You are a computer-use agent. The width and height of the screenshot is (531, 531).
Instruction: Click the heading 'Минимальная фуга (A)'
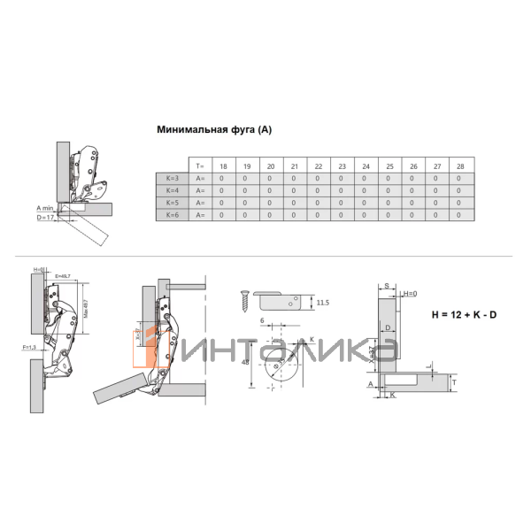tap(214, 130)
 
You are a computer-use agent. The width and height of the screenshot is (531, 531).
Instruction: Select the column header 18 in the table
tap(223, 166)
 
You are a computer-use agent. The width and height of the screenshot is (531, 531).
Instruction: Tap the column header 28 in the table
tap(458, 166)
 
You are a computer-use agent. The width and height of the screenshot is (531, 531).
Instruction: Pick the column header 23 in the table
tap(341, 166)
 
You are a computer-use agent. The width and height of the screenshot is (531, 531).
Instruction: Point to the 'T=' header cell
tap(199, 166)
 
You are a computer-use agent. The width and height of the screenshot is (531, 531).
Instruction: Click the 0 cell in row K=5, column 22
tap(317, 203)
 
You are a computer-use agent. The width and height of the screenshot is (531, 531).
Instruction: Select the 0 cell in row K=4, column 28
tap(458, 190)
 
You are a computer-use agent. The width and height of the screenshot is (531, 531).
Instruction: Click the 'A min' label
tap(46, 207)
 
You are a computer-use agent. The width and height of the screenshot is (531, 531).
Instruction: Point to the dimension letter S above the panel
tap(388, 286)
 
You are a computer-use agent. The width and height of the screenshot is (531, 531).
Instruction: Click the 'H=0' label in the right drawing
tap(410, 294)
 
